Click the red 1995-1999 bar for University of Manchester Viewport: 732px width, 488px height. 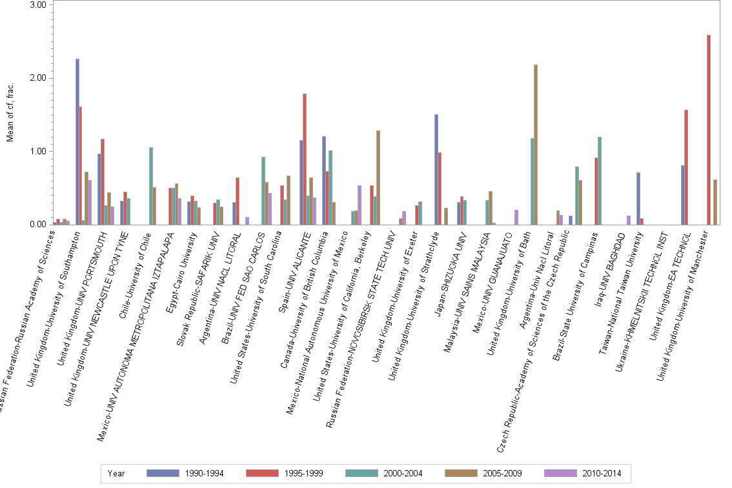709,130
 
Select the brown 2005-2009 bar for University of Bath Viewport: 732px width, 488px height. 536,145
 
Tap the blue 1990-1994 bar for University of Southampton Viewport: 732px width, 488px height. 77,142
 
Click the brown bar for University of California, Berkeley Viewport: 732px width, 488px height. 378,178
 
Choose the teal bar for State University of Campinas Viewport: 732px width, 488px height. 600,181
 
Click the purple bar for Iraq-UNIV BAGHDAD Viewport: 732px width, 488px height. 629,220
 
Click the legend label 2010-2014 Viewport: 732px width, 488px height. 601,473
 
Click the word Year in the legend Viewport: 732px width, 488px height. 117,473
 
